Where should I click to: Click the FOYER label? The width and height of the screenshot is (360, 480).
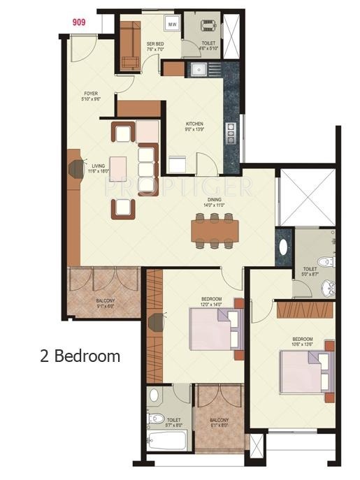(91, 96)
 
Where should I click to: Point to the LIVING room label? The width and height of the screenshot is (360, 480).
(97, 168)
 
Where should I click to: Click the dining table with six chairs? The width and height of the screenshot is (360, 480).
(215, 230)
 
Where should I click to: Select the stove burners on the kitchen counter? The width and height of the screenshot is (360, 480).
(230, 131)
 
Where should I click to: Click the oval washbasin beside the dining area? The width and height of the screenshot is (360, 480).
(284, 247)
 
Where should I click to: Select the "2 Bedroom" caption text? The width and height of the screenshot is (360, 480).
(80, 356)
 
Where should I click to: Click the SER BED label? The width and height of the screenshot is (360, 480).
(155, 47)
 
